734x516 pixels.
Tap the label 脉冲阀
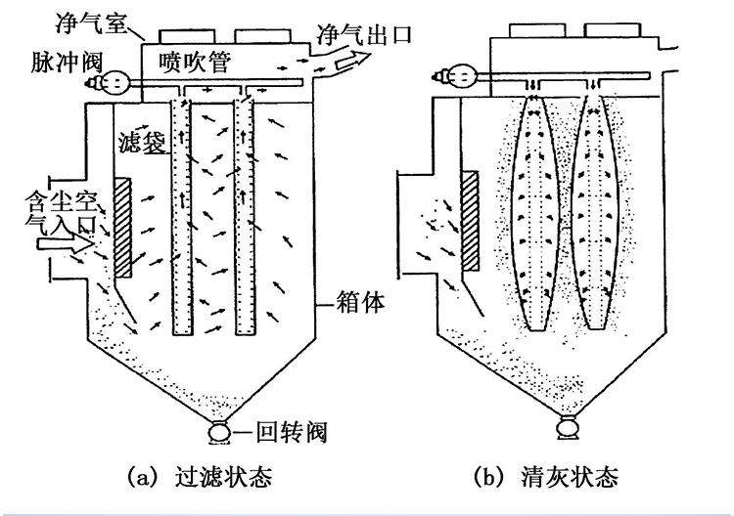click(x=67, y=62)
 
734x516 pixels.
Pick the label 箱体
click(x=360, y=302)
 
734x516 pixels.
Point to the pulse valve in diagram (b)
click(x=457, y=75)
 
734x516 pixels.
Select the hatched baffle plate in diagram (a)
click(x=122, y=227)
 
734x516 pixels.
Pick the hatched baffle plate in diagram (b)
click(x=470, y=221)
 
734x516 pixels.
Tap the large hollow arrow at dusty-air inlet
click(x=65, y=244)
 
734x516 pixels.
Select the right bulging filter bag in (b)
click(x=595, y=213)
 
